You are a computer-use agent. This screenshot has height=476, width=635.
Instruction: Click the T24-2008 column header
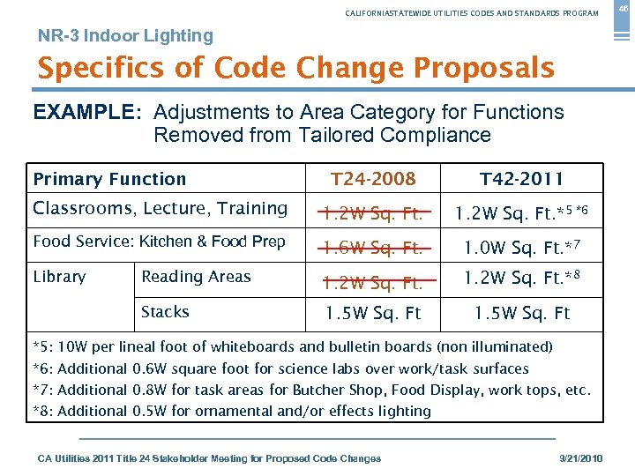click(x=373, y=179)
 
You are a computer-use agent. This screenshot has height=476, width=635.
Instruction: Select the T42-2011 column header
click(x=521, y=179)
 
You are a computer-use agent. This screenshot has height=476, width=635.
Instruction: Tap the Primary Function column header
click(x=109, y=179)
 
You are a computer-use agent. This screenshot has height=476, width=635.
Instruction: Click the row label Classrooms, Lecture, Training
click(x=160, y=209)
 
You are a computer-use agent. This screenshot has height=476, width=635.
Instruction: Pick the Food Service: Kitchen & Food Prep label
click(x=159, y=242)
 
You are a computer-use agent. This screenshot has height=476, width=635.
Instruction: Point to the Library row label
click(x=59, y=277)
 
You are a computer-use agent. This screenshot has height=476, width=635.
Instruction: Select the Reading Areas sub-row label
click(x=196, y=277)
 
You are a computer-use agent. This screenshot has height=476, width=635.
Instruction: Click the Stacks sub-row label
click(x=165, y=312)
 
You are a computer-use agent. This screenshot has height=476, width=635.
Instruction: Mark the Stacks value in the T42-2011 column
click(x=522, y=313)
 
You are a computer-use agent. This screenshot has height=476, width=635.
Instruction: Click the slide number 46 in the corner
click(x=621, y=9)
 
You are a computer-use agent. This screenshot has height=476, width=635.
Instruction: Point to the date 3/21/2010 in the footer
click(x=581, y=458)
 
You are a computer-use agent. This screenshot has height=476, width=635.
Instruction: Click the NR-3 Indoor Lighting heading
click(x=125, y=36)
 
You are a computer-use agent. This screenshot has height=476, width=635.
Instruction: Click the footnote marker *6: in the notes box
click(x=43, y=368)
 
